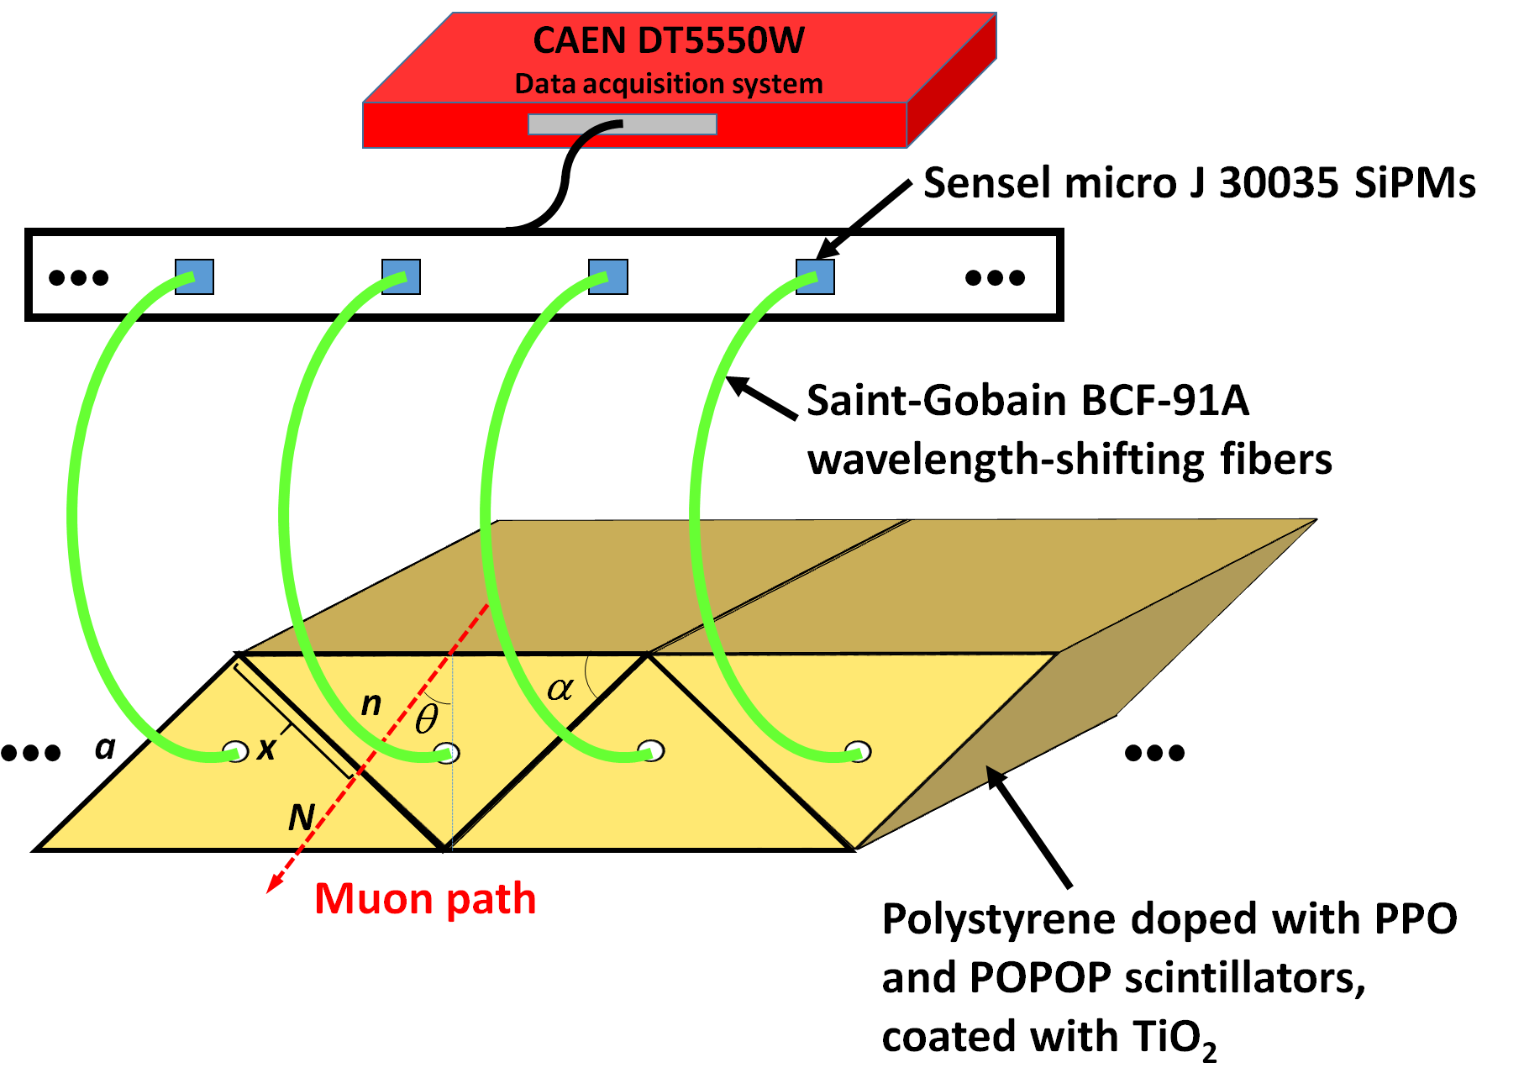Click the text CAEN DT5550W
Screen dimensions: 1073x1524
(x=669, y=40)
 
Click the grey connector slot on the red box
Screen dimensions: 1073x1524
(x=622, y=125)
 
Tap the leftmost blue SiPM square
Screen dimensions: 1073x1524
(x=195, y=276)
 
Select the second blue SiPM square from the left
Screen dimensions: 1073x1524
(x=402, y=276)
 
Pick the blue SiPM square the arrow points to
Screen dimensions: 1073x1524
(x=815, y=276)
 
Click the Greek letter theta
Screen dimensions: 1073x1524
(x=426, y=719)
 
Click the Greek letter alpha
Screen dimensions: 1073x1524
(x=560, y=689)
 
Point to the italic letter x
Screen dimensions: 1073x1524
(x=266, y=748)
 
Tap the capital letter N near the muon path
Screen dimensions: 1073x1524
(x=301, y=818)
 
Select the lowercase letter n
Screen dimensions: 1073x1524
(x=370, y=703)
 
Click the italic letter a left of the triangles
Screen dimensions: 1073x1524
(x=105, y=747)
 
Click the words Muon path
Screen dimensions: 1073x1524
(x=425, y=898)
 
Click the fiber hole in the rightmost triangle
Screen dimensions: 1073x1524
(x=859, y=750)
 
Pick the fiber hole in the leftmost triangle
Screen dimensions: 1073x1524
(x=235, y=750)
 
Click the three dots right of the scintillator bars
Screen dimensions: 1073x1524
(x=1154, y=753)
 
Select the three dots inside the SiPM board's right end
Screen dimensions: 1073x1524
(x=995, y=277)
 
